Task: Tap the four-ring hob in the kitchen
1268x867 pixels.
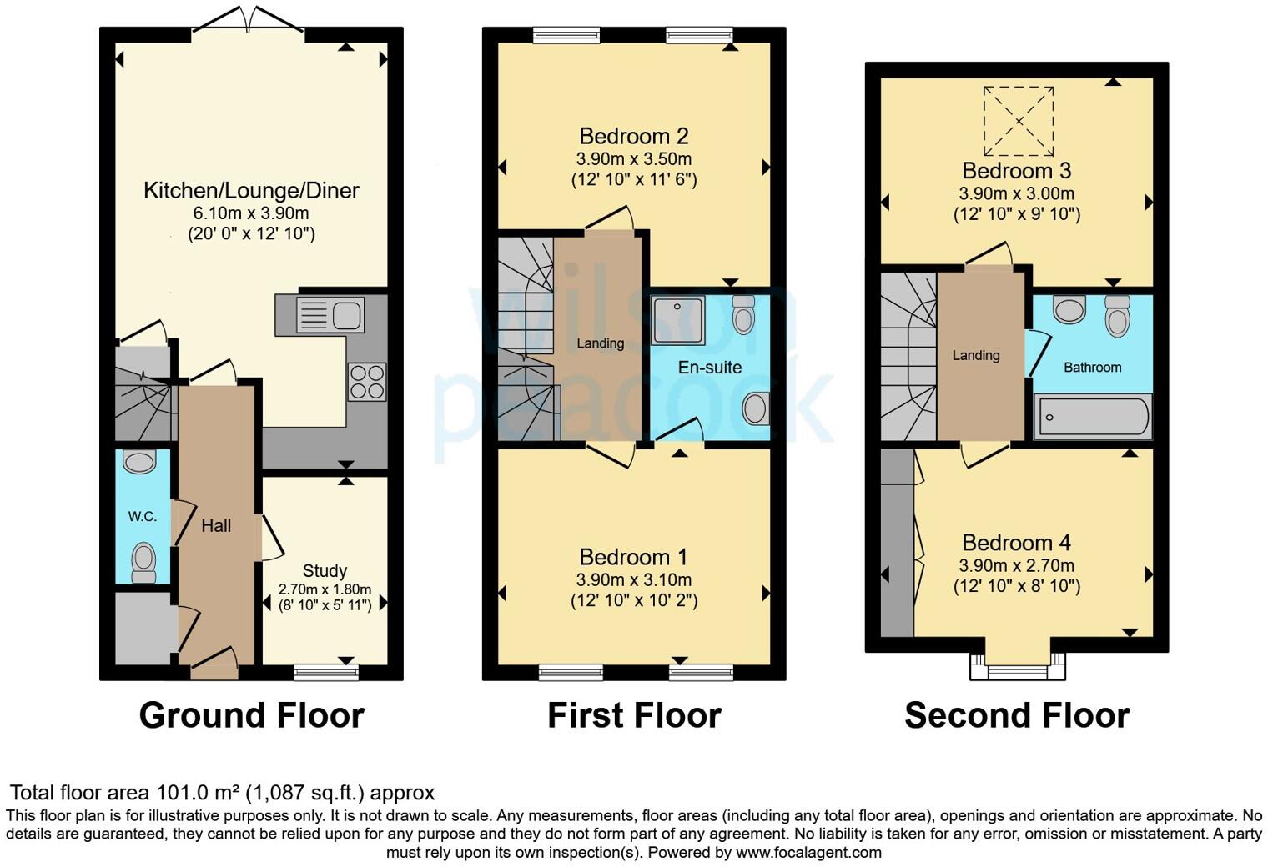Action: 367,382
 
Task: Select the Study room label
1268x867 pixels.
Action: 325,571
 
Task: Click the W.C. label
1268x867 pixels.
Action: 143,517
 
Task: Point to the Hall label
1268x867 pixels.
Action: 216,526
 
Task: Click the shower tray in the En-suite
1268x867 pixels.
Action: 677,320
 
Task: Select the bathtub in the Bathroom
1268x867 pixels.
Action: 1093,416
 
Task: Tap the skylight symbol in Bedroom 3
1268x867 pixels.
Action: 1018,121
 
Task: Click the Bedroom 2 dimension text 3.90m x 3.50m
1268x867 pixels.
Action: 634,158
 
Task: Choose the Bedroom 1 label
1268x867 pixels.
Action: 634,557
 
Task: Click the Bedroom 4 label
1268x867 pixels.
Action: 1016,544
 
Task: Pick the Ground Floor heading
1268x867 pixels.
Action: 251,715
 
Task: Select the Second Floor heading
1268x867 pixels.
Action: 1017,715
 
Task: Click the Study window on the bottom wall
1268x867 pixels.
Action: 327,672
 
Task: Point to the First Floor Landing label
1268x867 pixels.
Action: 600,343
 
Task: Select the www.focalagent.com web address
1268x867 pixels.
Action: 808,853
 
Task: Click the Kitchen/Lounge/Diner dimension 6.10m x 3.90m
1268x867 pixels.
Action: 251,213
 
